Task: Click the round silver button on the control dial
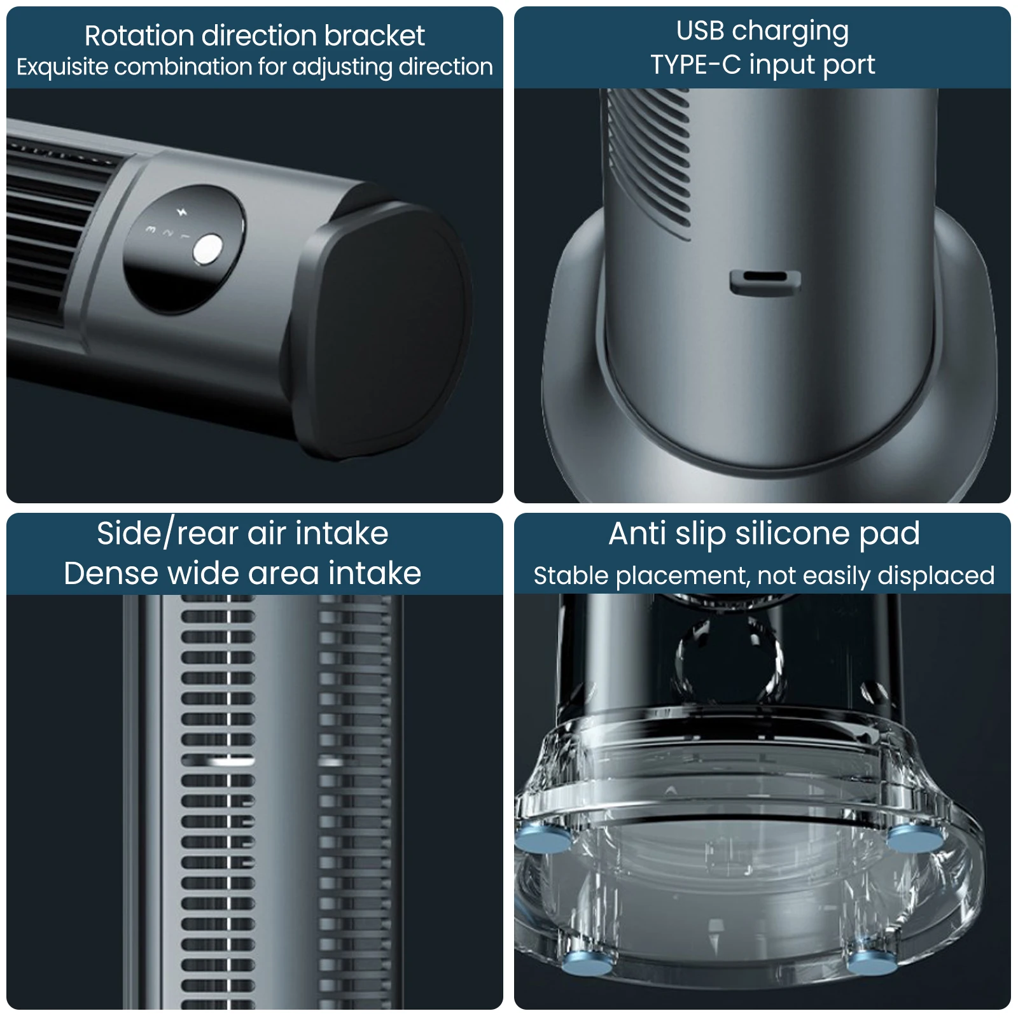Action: [208, 249]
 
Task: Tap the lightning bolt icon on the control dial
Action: [182, 211]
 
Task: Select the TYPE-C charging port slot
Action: [765, 282]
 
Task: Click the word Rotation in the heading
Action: [139, 36]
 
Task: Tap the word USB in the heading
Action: [700, 31]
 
